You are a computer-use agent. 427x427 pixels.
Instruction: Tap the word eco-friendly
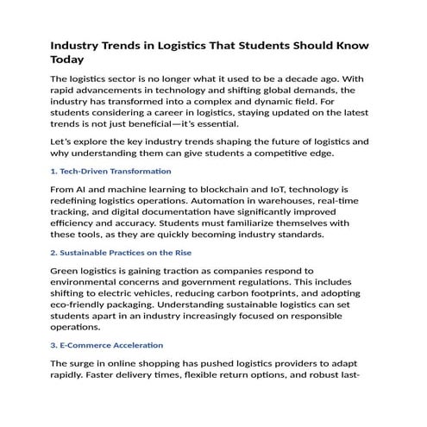84,318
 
